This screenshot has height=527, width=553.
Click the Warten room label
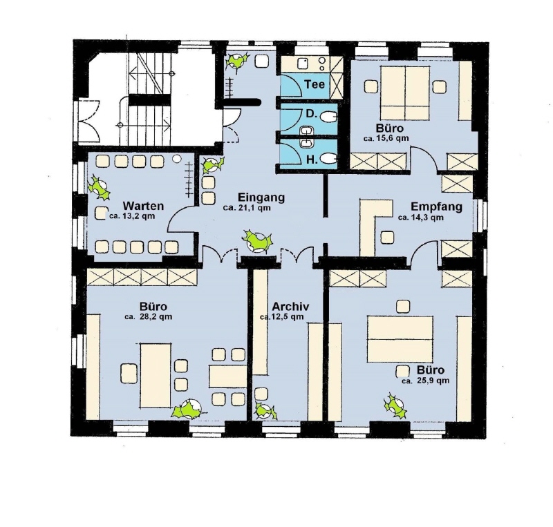click(x=143, y=206)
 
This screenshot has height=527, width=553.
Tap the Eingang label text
click(x=261, y=197)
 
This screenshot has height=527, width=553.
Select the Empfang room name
click(x=437, y=207)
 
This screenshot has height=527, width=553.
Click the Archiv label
click(x=290, y=306)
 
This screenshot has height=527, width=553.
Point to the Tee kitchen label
click(x=315, y=84)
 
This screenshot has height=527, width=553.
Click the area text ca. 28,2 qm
click(x=148, y=316)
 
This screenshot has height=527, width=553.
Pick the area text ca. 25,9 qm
click(x=425, y=381)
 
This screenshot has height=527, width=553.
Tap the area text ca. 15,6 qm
click(x=386, y=138)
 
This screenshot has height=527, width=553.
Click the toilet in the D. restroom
click(x=329, y=117)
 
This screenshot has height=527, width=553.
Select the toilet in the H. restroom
click(x=329, y=159)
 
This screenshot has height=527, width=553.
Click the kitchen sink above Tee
click(x=303, y=64)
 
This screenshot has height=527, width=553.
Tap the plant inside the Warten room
click(x=99, y=186)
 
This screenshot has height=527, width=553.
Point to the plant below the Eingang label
click(x=257, y=241)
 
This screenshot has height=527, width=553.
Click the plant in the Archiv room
click(x=265, y=411)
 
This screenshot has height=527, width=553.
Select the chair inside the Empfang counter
click(x=387, y=237)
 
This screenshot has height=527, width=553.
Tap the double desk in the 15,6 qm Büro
click(x=405, y=93)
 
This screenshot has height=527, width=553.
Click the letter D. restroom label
click(x=310, y=113)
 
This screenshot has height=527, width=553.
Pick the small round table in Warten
click(x=176, y=159)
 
